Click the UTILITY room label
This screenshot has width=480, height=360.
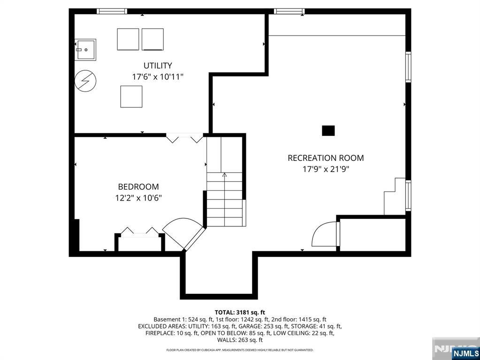[x=158, y=66]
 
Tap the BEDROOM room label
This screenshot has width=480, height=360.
[x=138, y=187]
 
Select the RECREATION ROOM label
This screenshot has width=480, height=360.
[x=326, y=158]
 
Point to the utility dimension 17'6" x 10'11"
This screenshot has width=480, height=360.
[x=158, y=76]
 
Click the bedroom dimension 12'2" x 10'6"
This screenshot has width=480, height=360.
[x=138, y=198]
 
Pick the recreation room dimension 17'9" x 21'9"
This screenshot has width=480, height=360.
[x=326, y=169]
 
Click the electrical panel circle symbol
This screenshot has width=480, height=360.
[x=85, y=81]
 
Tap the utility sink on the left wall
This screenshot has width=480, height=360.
[x=85, y=50]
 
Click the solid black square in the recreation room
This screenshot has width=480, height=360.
[x=328, y=131]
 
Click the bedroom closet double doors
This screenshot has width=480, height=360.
[x=140, y=232]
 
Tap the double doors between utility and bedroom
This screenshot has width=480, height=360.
[x=184, y=138]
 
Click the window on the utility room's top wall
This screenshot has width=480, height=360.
[x=112, y=11]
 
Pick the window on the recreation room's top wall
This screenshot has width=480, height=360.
[x=289, y=11]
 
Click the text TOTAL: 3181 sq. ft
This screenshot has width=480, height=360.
[x=240, y=312]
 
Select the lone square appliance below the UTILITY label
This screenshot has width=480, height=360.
[x=131, y=97]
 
